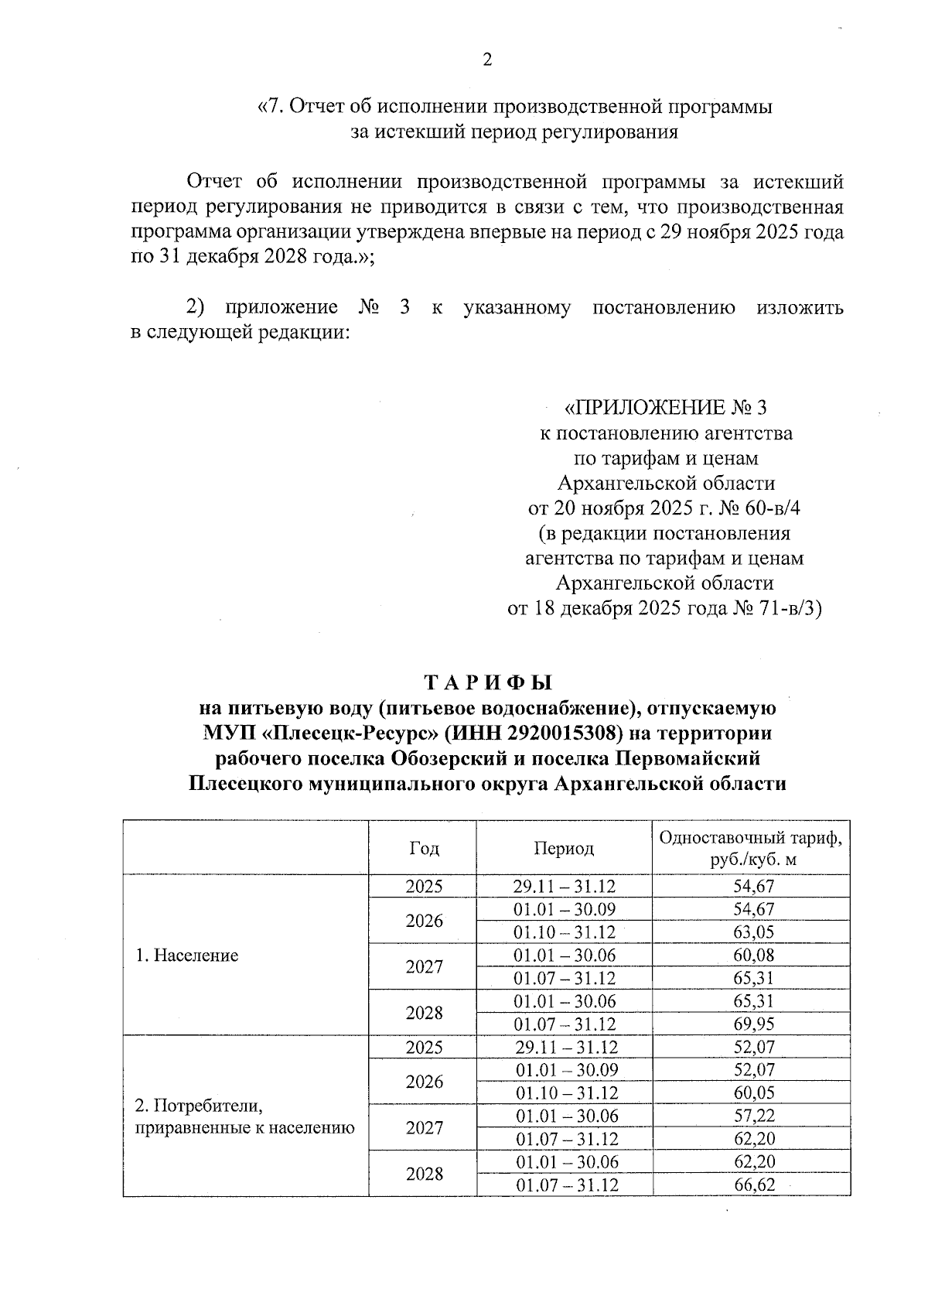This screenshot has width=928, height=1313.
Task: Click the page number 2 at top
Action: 487,60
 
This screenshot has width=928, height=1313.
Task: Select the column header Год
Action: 424,848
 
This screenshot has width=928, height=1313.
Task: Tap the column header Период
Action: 564,848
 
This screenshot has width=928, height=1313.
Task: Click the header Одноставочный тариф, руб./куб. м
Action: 750,848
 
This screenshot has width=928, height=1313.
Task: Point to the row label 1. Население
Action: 186,956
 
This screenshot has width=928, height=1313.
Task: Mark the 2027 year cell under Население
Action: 424,967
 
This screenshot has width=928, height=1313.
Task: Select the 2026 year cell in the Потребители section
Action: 424,1082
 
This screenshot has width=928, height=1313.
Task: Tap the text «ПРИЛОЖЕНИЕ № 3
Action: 666,408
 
